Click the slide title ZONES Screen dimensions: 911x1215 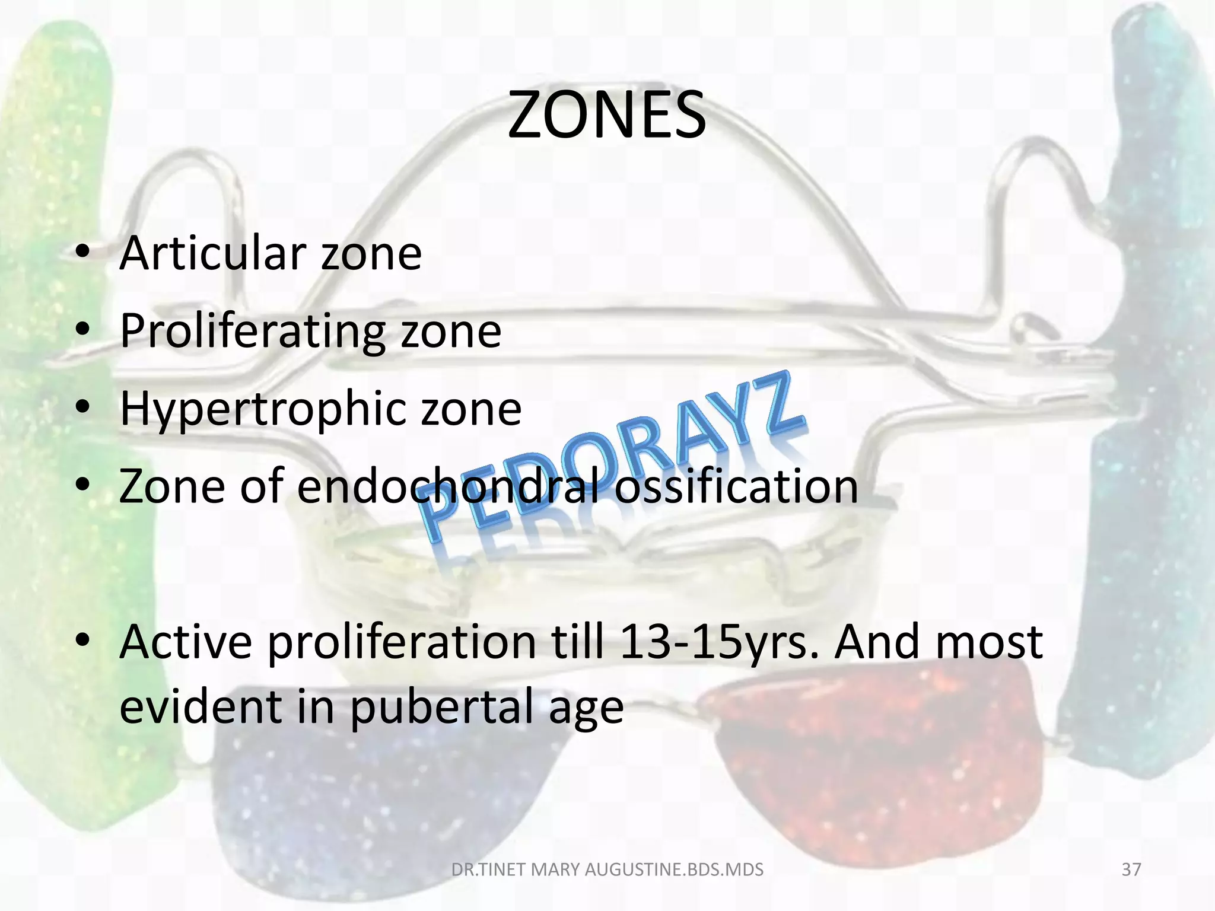tap(606, 115)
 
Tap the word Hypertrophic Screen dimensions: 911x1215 tap(263, 409)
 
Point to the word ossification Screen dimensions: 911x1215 tap(736, 486)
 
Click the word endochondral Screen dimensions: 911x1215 tap(449, 486)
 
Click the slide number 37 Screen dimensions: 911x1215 tap(1131, 869)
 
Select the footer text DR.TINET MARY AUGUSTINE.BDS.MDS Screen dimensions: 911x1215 tap(607, 869)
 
